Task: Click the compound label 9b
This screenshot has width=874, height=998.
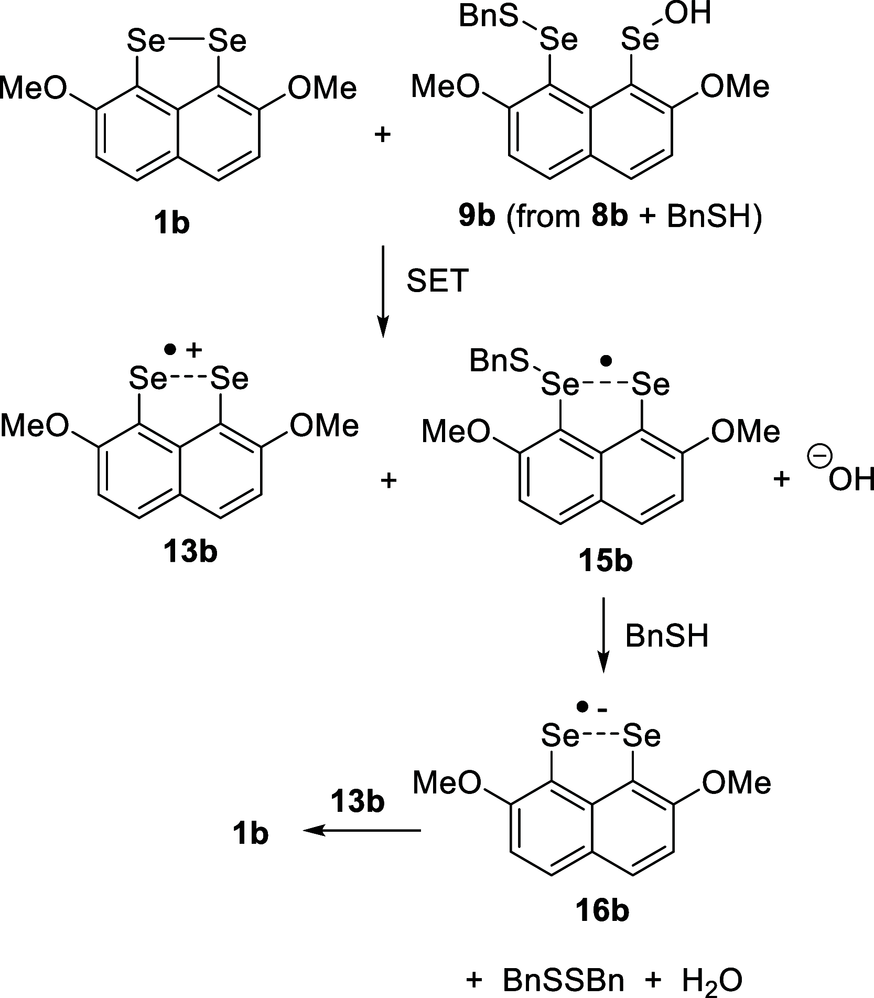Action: (x=477, y=217)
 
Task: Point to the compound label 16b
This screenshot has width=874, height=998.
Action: (x=602, y=912)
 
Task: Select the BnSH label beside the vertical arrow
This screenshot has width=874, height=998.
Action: (x=667, y=636)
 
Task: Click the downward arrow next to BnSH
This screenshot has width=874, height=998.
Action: (x=605, y=635)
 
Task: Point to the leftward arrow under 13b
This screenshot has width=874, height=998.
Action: (x=362, y=830)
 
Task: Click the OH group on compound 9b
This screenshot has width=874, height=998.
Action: (x=689, y=14)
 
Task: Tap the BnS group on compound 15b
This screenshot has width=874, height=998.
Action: (x=499, y=361)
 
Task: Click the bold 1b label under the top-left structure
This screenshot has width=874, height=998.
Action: (x=172, y=223)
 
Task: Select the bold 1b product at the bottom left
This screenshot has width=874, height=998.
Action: (x=251, y=833)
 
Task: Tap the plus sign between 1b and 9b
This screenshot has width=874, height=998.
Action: (x=383, y=135)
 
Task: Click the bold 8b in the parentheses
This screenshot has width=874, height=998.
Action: (x=609, y=217)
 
